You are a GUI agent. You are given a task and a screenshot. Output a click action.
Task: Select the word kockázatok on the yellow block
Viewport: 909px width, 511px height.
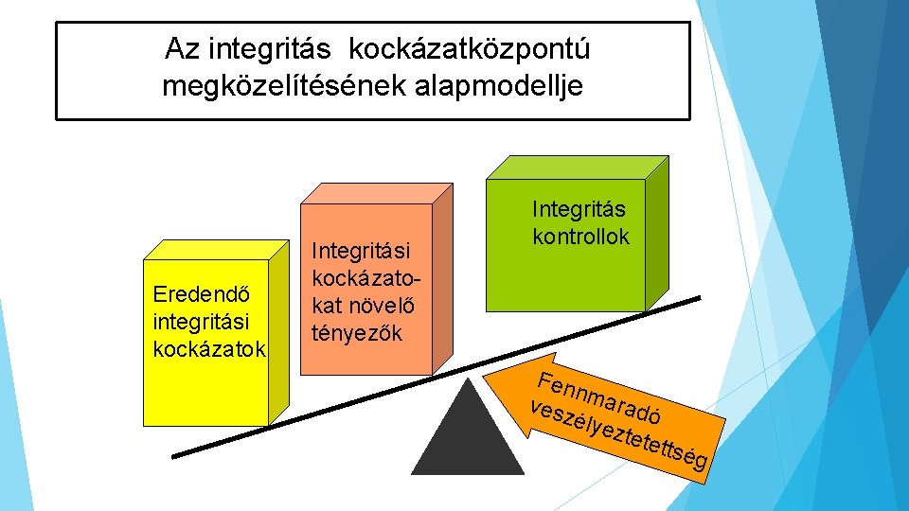pos(208,348)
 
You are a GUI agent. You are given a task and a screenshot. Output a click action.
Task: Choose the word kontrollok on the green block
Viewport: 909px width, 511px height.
pos(580,236)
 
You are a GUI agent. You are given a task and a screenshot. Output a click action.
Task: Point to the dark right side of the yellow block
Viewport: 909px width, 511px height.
pos(278,331)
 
